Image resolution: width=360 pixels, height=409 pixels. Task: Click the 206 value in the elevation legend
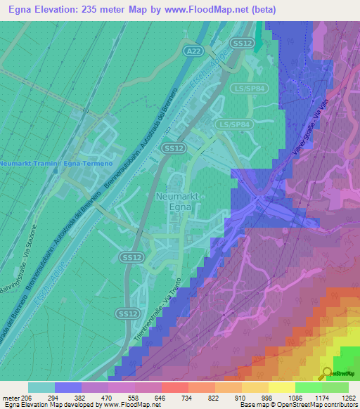(27, 398)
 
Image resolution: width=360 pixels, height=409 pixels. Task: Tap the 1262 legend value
(348, 398)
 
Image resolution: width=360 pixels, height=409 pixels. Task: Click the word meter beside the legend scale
(10, 398)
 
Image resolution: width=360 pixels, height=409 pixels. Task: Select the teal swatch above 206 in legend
(41, 387)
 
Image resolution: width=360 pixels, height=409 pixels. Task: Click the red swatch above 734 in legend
(174, 387)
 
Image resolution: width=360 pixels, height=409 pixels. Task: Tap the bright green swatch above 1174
(308, 387)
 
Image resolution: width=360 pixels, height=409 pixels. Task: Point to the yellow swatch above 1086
(281, 387)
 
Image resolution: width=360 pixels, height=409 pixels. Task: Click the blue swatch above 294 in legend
(67, 387)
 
